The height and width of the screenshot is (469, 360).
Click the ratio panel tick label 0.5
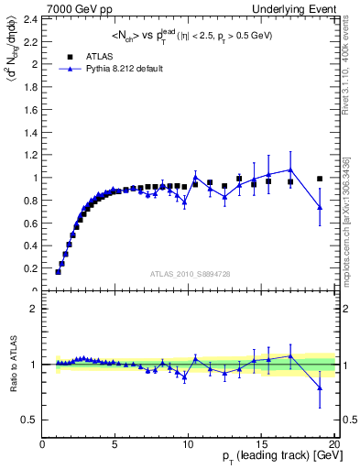tap(27, 420)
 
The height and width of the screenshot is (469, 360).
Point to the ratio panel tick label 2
tap(32, 309)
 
